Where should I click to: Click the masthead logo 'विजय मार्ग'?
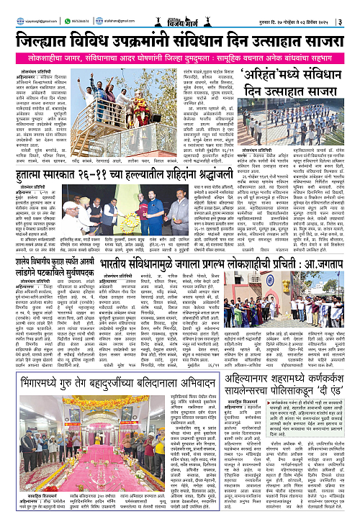[179, 9]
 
